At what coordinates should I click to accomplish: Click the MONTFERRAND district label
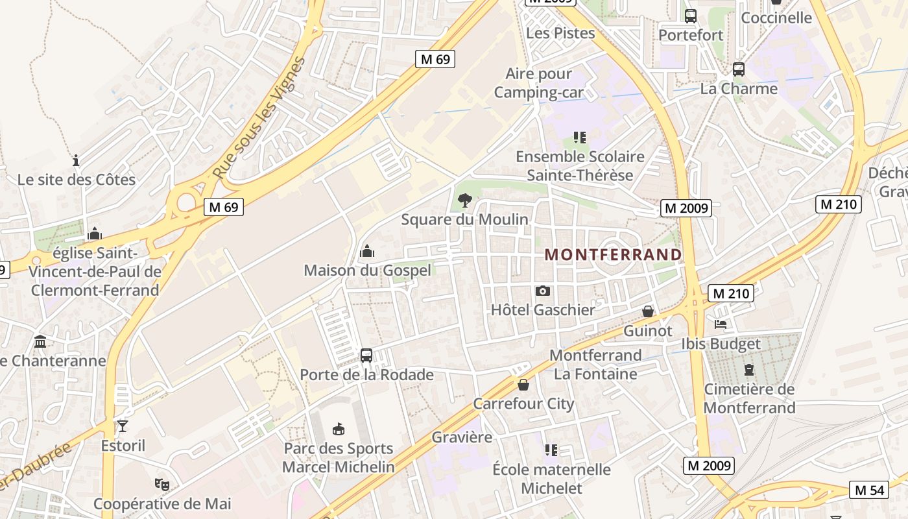coord(613,254)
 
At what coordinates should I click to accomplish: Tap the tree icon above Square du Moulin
coord(464,200)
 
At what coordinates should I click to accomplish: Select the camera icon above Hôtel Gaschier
coord(543,291)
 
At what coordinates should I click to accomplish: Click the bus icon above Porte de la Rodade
coord(366,356)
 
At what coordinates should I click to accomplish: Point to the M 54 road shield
coord(869,490)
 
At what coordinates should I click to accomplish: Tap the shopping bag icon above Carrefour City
coord(523,385)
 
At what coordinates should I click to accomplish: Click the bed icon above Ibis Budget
coord(721,324)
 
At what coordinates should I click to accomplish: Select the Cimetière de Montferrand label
coord(749,398)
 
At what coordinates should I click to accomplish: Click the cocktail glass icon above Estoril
coord(123,426)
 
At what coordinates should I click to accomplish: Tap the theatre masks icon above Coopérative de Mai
coord(161,484)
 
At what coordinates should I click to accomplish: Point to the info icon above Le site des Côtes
coord(76,160)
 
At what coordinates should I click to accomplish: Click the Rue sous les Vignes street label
coord(258,119)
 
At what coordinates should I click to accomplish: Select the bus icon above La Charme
coord(738,69)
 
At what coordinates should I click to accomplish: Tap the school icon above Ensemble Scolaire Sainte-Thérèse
coord(580,138)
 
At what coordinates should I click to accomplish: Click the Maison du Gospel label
coord(367,270)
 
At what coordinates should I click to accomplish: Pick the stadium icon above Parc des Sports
coord(338,429)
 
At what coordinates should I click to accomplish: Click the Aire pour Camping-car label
coord(538,83)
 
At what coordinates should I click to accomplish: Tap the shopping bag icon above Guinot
coord(647,312)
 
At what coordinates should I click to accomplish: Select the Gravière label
coord(462,437)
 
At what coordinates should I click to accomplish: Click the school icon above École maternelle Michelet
coord(551,450)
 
